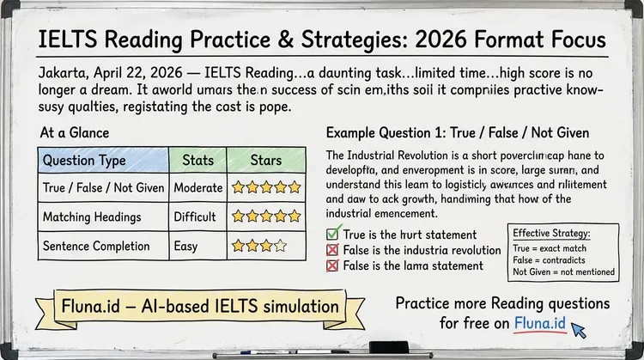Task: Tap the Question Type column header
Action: (x=83, y=160)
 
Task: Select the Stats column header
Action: (x=198, y=160)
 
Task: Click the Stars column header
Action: (x=264, y=160)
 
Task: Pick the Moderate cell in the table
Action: (x=198, y=186)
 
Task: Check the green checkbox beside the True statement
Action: (x=334, y=234)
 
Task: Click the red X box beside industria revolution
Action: (x=334, y=250)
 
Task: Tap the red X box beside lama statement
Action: (x=334, y=265)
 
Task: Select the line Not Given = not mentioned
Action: (x=563, y=272)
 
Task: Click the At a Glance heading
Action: (x=75, y=133)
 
